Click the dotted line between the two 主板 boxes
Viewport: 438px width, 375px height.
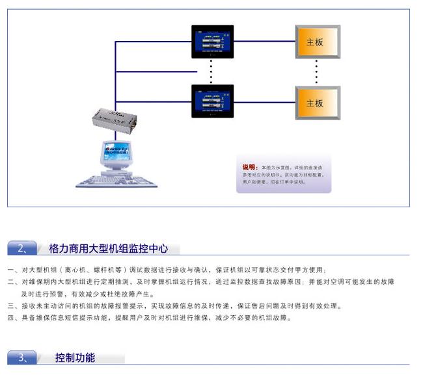coord(317,72)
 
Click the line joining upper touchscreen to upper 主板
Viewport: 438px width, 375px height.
coord(265,42)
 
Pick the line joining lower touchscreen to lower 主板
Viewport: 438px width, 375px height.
coord(265,101)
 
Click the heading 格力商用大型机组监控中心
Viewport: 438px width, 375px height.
coord(109,248)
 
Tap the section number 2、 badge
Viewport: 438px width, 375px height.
coord(23,248)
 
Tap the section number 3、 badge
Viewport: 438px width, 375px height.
coord(23,357)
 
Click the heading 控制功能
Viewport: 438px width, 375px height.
coord(75,357)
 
